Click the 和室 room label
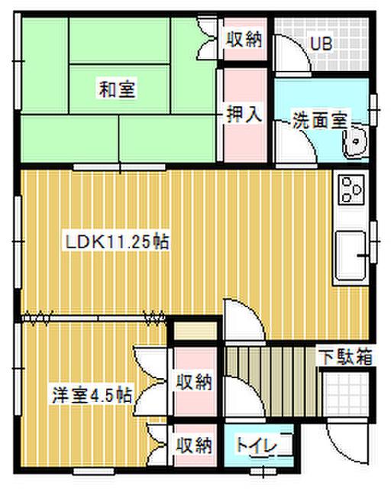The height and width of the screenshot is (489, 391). (117, 89)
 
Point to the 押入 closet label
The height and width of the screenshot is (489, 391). (244, 115)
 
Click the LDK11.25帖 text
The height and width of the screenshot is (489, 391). (116, 242)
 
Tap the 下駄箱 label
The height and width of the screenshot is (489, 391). (344, 356)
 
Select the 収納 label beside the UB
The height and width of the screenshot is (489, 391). (244, 40)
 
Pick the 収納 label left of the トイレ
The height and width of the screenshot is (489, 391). (195, 444)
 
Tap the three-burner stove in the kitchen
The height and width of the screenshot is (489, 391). (351, 189)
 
